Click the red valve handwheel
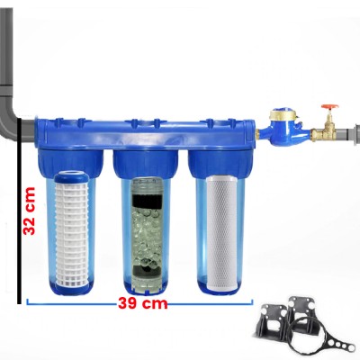pos(329,107)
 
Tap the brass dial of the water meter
pos(283,113)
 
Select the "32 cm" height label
pos(30,211)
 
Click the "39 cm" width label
pos(142,303)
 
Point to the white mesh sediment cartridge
pos(72,232)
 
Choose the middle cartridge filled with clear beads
pos(147,235)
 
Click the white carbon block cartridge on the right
pos(221,234)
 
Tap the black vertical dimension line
pos(19,211)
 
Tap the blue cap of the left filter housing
pos(70,163)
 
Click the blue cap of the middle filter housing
pos(146,164)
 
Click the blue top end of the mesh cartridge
pos(72,177)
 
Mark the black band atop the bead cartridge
pos(147,201)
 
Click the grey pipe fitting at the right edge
pos(354,132)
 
